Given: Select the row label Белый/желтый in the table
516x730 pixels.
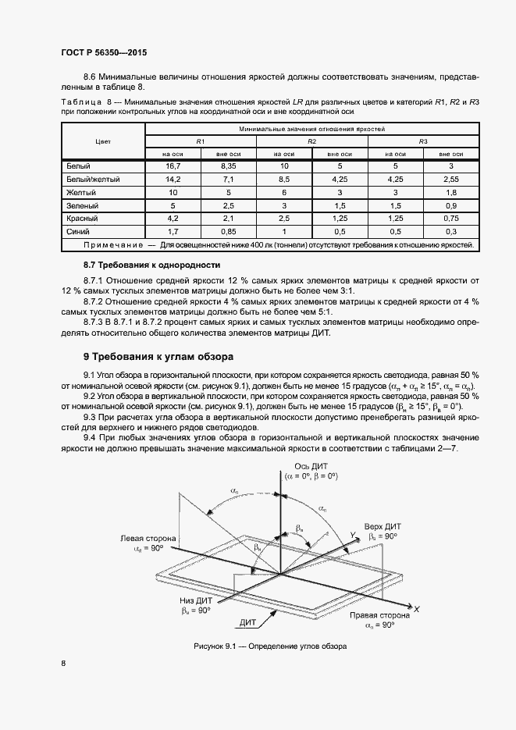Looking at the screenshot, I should (x=93, y=180).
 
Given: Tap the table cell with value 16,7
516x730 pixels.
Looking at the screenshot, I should (x=173, y=167).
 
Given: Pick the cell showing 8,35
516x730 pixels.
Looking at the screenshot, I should (x=229, y=167).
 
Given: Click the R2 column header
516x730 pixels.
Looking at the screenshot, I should (x=311, y=141).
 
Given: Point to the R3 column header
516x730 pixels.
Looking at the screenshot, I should (x=423, y=141).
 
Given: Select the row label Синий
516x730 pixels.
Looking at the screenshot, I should (x=79, y=232).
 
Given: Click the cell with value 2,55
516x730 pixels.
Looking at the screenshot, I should (x=451, y=180).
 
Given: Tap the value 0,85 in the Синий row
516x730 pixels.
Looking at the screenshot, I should (x=229, y=232).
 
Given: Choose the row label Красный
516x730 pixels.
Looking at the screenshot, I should (x=84, y=219).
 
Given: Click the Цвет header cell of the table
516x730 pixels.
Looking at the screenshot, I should (x=102, y=141).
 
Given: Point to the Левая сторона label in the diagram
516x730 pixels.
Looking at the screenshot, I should (x=148, y=539).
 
